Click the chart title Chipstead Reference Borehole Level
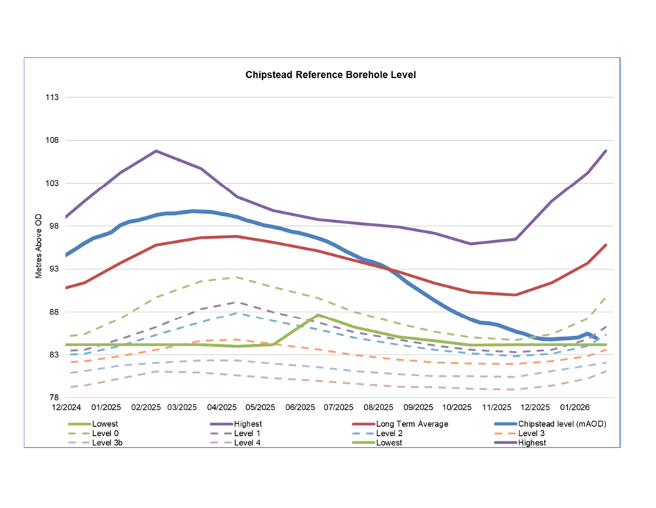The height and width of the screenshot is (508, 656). tap(330, 74)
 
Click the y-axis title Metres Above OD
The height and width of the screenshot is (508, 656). tap(39, 246)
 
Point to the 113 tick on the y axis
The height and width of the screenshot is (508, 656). tap(51, 97)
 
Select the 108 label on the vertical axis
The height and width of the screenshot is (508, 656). tap(51, 140)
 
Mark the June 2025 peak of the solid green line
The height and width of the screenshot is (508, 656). tap(318, 315)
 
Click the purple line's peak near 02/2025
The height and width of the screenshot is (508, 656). tap(156, 151)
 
